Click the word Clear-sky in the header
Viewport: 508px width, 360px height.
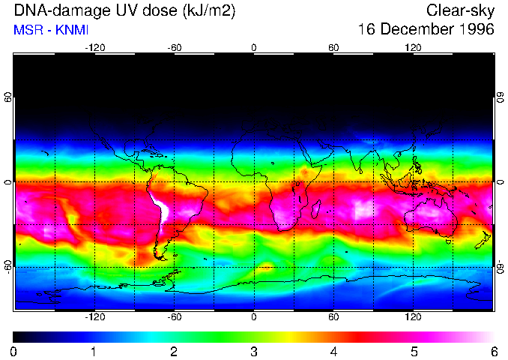460,10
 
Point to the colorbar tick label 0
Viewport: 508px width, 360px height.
14,351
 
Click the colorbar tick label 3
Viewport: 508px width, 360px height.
254,351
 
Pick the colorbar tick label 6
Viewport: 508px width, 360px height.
493,351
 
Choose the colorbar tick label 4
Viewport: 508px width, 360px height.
333,351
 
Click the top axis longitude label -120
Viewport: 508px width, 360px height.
94,47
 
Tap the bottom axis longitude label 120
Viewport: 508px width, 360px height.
413,317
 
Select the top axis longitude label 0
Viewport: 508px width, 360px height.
254,47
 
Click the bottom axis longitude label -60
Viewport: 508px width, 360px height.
174,317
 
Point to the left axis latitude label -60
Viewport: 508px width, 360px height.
7,263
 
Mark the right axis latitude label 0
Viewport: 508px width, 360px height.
500,182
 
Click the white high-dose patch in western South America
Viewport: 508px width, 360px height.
160,205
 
